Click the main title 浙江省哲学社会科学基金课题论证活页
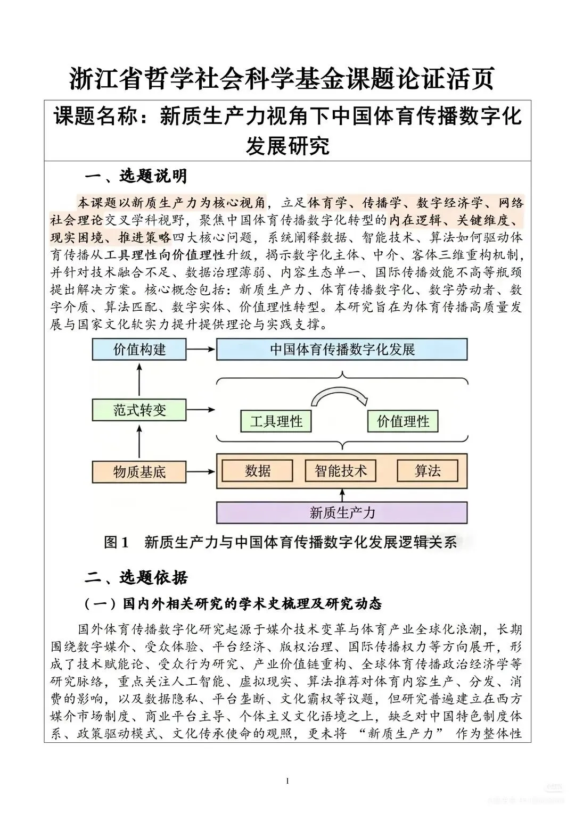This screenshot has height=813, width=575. point(282,79)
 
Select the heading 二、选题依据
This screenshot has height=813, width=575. point(136,577)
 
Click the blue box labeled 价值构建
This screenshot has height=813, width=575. point(139,350)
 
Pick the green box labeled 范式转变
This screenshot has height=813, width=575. point(139,410)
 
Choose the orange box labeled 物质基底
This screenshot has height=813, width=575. point(139,472)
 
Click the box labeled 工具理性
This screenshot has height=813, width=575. point(276,422)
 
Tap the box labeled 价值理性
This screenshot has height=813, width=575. point(402,422)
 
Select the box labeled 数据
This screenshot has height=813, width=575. point(258,471)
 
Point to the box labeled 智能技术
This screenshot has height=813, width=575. point(341,471)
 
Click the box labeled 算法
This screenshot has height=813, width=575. point(428,471)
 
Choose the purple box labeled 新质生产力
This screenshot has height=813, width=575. point(342,513)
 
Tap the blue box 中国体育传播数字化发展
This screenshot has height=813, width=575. point(342,350)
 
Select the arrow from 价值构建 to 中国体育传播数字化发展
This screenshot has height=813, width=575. point(201,350)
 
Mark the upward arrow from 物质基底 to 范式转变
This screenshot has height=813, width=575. point(139,441)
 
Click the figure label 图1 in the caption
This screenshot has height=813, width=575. point(117,542)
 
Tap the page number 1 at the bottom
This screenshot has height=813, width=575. point(287,781)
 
